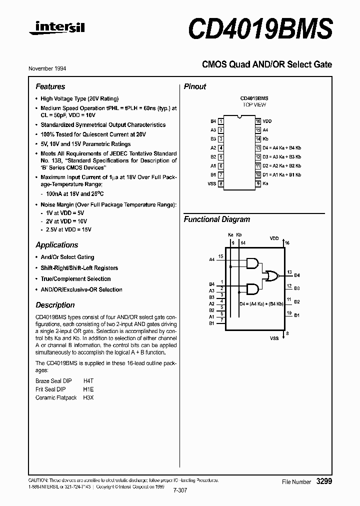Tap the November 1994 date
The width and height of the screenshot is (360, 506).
tap(50, 68)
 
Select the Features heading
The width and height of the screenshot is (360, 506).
tap(50, 86)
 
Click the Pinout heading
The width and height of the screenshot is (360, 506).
tap(195, 86)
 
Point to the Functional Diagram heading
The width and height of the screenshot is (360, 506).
tap(217, 219)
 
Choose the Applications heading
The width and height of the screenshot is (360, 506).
tap(57, 245)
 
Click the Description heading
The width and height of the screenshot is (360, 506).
tap(55, 305)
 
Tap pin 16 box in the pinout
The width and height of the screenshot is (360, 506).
tap(258, 121)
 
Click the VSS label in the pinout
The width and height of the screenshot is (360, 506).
tap(212, 183)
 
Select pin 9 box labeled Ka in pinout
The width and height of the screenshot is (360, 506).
tap(258, 183)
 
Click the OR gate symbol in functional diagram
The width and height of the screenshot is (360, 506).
tap(272, 275)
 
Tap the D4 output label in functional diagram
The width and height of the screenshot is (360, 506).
tap(297, 275)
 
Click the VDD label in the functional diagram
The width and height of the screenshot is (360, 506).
tap(274, 238)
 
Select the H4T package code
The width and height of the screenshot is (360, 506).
tap(88, 380)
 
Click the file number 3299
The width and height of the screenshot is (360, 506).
tap(324, 481)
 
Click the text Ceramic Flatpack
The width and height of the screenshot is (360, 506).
tap(56, 397)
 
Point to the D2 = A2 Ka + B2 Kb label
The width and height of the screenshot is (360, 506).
tap(282, 165)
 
